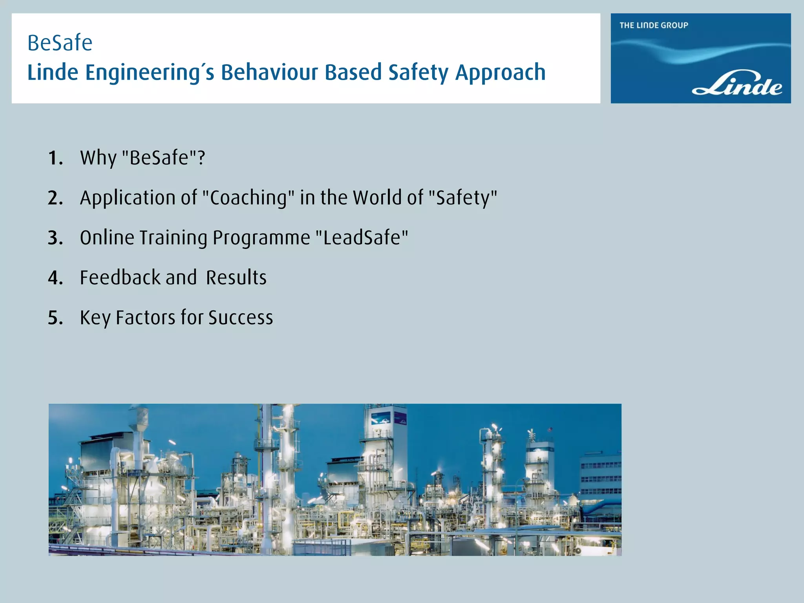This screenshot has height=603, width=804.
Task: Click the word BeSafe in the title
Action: click(60, 43)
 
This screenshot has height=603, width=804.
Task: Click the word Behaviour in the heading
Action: click(270, 73)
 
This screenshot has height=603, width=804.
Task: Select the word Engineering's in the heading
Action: click(150, 73)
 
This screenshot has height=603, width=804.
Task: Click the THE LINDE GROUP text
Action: click(654, 26)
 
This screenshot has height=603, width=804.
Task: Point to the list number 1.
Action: click(55, 159)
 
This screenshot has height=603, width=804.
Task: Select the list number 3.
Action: click(55, 238)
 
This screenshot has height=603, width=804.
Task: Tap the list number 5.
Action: click(55, 318)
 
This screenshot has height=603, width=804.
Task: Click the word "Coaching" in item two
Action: click(248, 198)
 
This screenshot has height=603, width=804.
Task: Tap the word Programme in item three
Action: click(261, 238)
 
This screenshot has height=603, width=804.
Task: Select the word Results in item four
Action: click(236, 278)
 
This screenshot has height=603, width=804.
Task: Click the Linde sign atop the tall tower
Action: click(380, 420)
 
